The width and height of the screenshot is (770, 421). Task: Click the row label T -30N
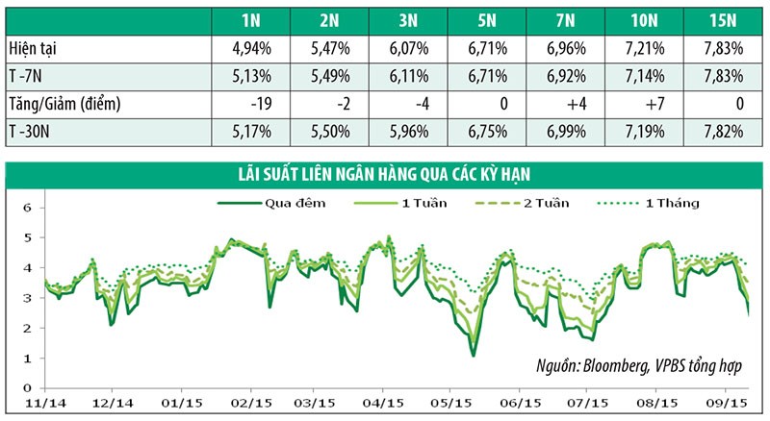click(x=31, y=130)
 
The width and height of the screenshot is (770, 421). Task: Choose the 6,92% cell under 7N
click(x=557, y=76)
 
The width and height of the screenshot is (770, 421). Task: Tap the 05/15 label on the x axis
click(x=451, y=405)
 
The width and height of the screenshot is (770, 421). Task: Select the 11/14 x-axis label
click(x=43, y=405)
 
